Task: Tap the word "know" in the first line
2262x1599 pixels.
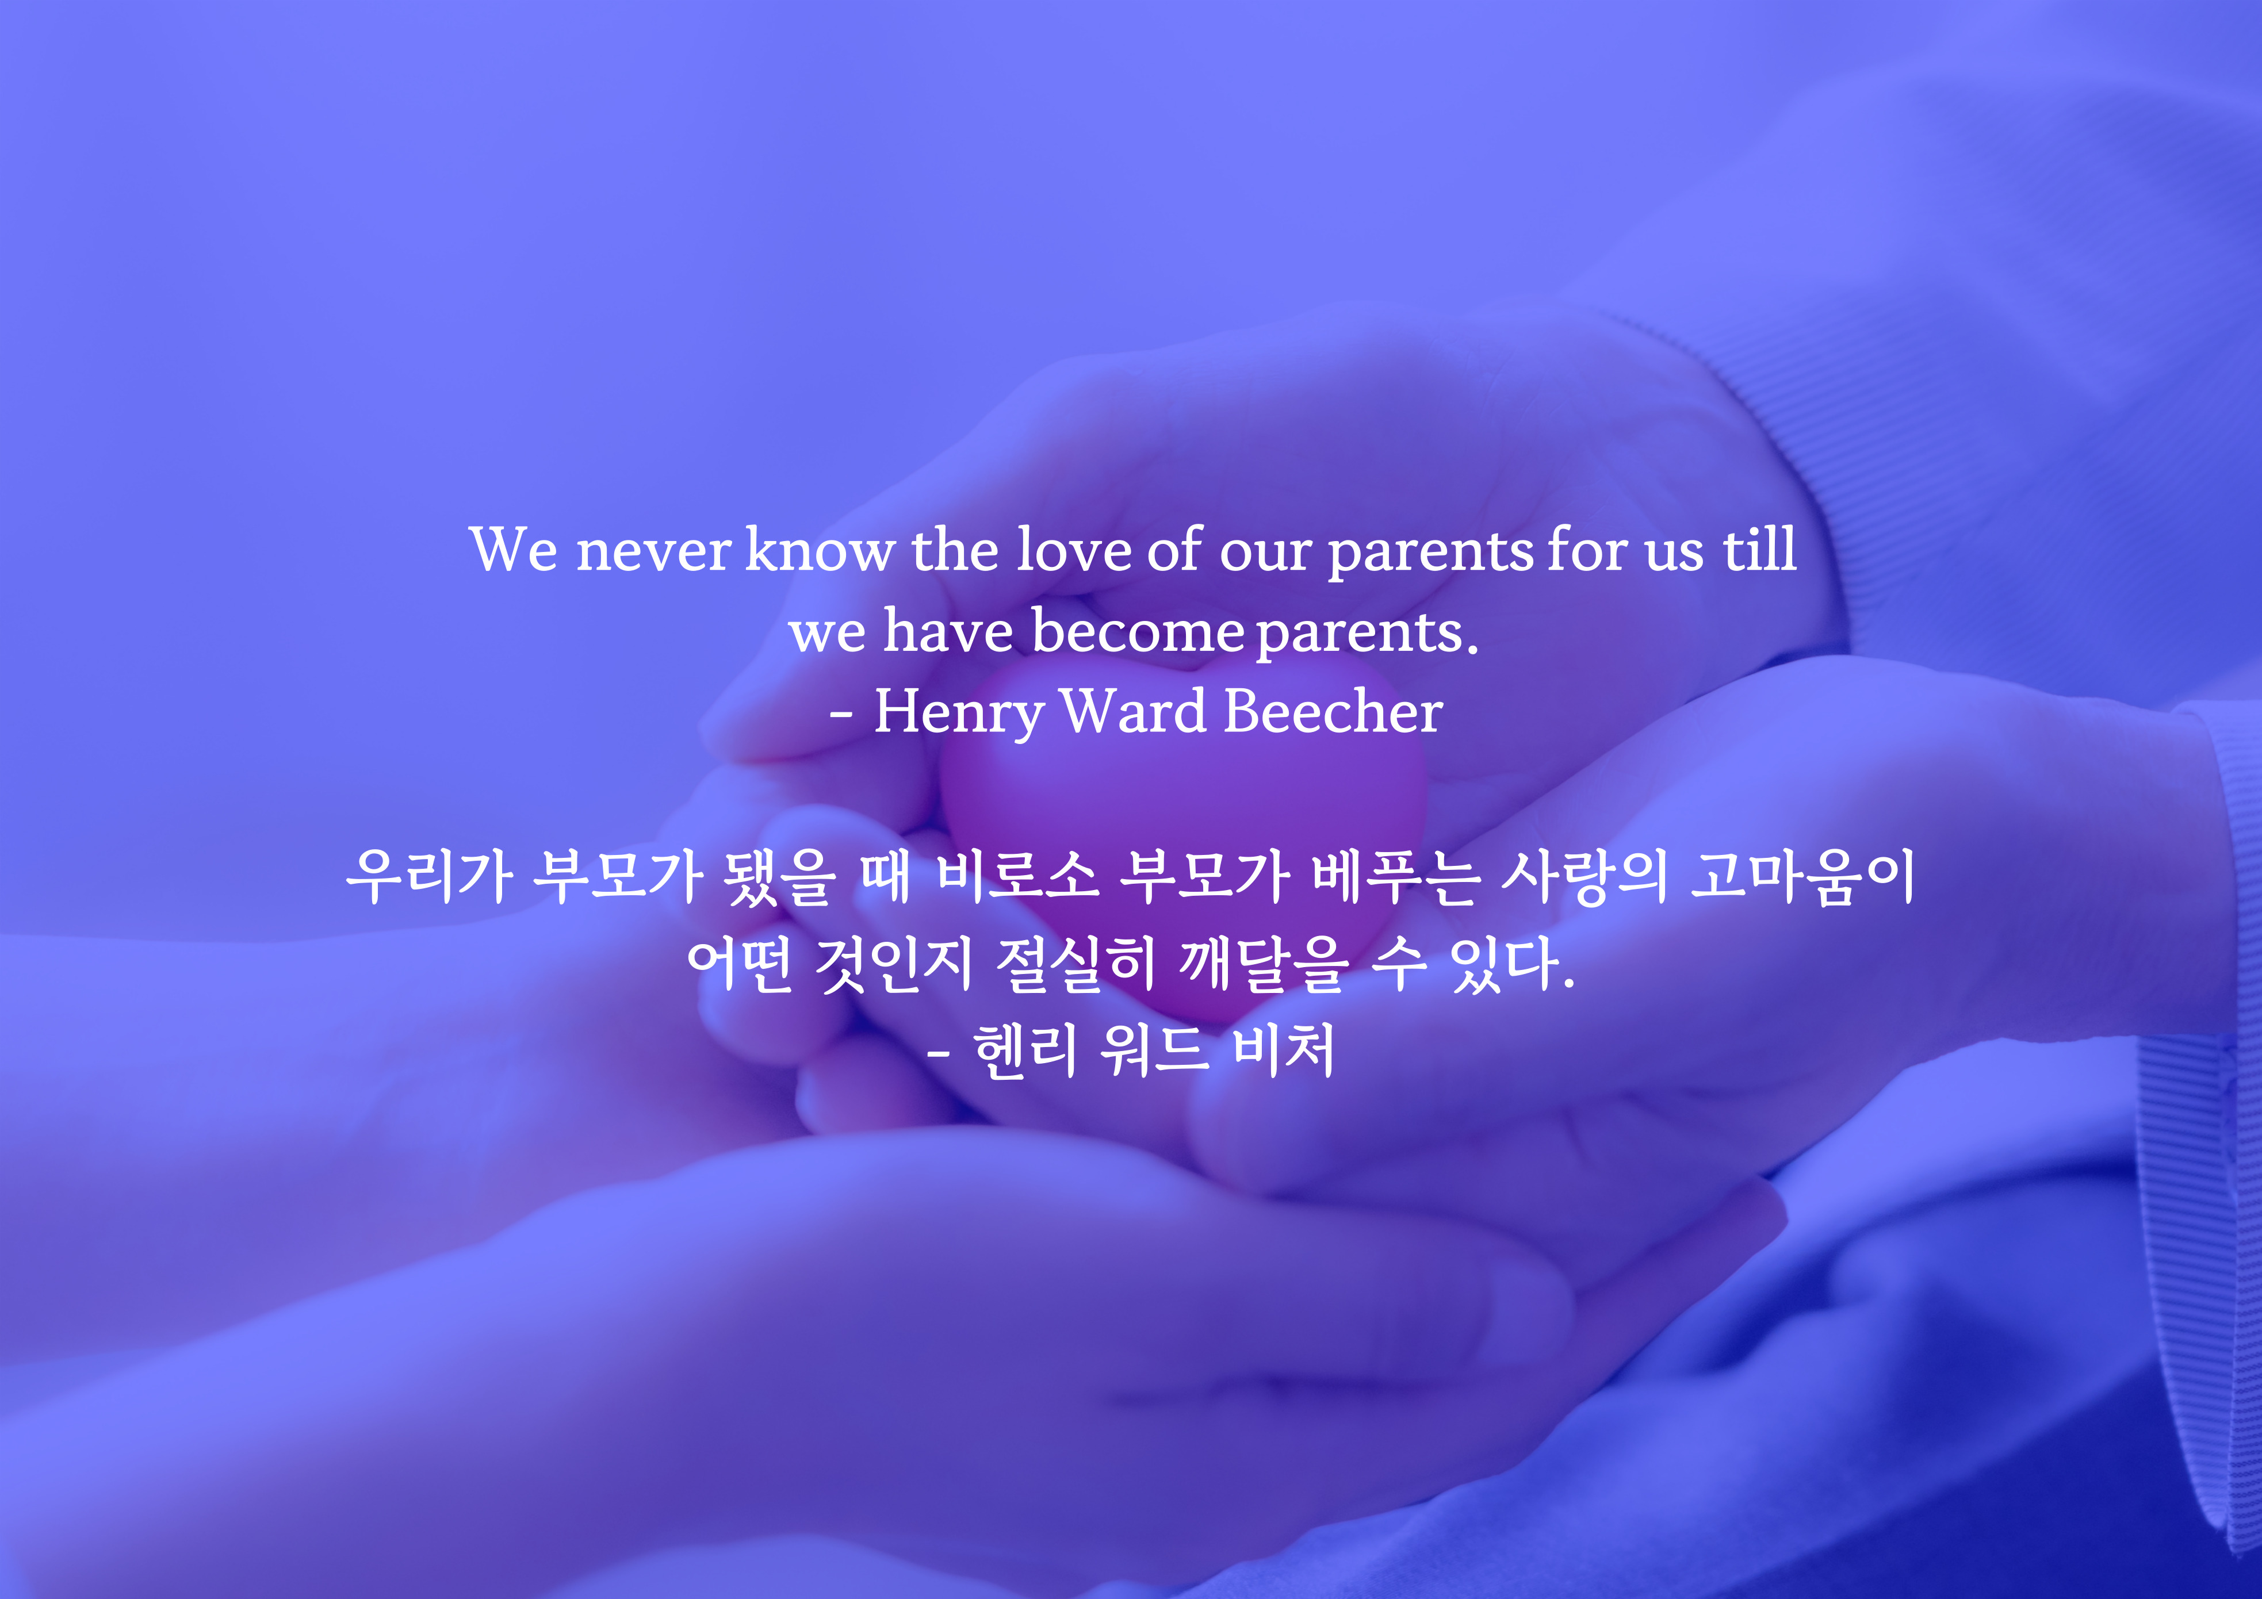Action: pos(820,549)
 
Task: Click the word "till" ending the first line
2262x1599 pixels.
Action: pos(1759,549)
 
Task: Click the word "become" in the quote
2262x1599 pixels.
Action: pos(1138,631)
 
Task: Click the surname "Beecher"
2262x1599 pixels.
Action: pos(1333,711)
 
